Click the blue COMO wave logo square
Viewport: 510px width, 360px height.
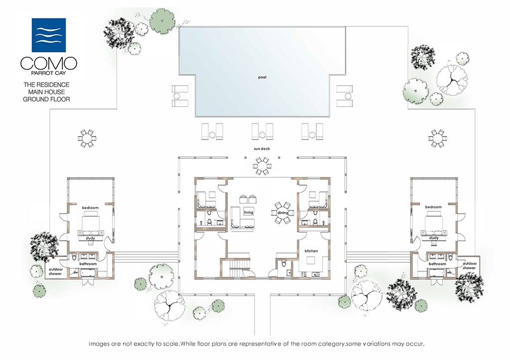pos(48,35)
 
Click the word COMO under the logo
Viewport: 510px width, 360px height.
pos(48,63)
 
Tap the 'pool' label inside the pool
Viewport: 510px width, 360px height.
pos(262,77)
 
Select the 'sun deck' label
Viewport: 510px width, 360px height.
pos(262,148)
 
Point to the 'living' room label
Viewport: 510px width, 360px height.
pos(249,212)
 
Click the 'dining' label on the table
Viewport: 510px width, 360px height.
pos(283,213)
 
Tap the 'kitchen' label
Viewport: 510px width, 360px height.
pos(311,251)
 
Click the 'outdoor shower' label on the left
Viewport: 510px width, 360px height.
pos(55,271)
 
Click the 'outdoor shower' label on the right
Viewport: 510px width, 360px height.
pos(469,265)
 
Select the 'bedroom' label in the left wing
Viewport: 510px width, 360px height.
pos(90,208)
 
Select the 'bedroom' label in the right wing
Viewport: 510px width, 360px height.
pos(433,207)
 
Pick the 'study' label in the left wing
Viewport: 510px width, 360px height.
pos(90,239)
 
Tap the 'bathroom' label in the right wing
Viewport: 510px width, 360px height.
pos(437,264)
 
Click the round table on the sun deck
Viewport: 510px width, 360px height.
pos(262,166)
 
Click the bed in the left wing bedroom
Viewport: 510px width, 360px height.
pos(90,224)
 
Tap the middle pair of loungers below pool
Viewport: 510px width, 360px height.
pos(262,131)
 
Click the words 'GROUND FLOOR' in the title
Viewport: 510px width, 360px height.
pos(46,99)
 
